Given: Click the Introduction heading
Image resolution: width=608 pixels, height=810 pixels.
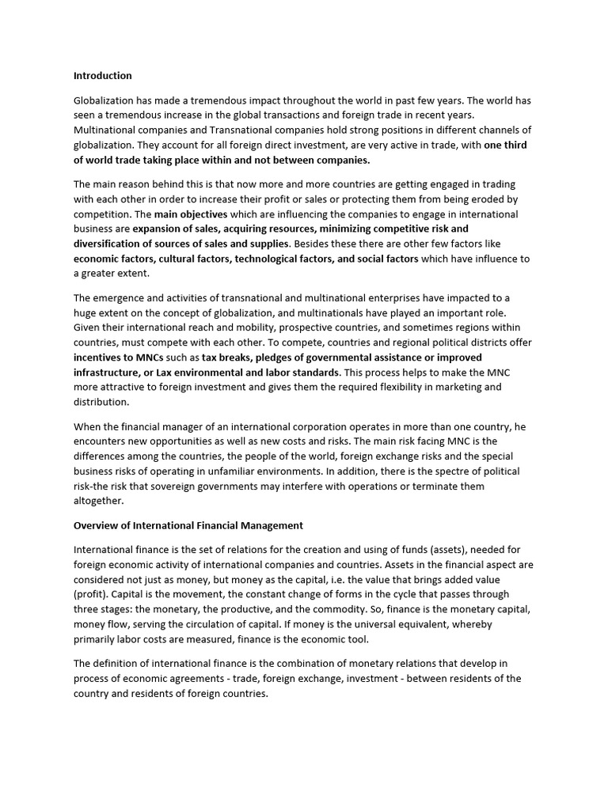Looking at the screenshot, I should click(103, 76).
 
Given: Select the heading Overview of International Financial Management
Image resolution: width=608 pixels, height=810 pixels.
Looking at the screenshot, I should click(188, 525).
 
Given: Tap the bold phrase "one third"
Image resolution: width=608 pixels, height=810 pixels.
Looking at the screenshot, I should click(505, 145).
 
